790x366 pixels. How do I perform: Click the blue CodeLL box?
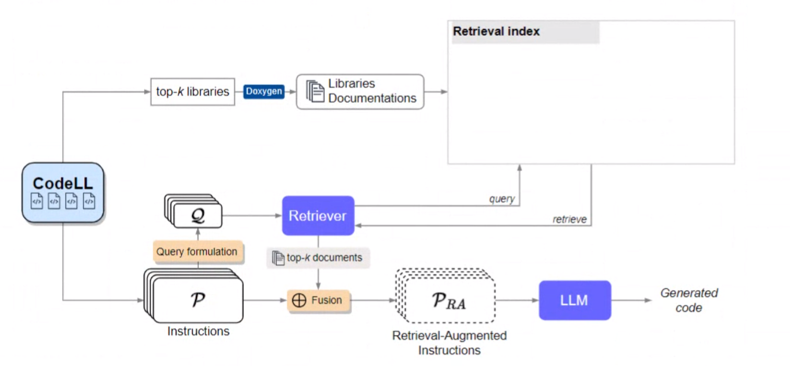click(x=63, y=193)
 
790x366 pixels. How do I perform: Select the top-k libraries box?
click(x=193, y=92)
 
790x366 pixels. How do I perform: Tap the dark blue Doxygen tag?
click(x=264, y=92)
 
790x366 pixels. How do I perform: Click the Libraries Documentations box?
click(x=360, y=92)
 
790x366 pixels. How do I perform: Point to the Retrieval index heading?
click(x=496, y=32)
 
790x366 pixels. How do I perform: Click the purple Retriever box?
click(x=318, y=215)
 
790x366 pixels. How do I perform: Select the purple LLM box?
click(x=575, y=300)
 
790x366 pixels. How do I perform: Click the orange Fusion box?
click(x=318, y=300)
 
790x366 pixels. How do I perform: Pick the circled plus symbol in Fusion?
click(x=299, y=301)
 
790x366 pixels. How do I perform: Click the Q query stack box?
click(x=193, y=211)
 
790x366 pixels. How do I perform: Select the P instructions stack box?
click(x=194, y=296)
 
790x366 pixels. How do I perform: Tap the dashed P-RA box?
click(x=445, y=296)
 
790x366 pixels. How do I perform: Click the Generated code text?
click(x=689, y=300)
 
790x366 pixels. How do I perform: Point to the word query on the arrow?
click(x=502, y=199)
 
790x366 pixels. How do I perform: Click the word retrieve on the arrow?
click(x=570, y=219)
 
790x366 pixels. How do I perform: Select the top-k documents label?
click(x=318, y=258)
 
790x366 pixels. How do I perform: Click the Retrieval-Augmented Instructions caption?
click(x=450, y=343)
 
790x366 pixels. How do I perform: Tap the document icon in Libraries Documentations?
click(x=315, y=92)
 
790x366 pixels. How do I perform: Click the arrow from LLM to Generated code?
click(x=631, y=301)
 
